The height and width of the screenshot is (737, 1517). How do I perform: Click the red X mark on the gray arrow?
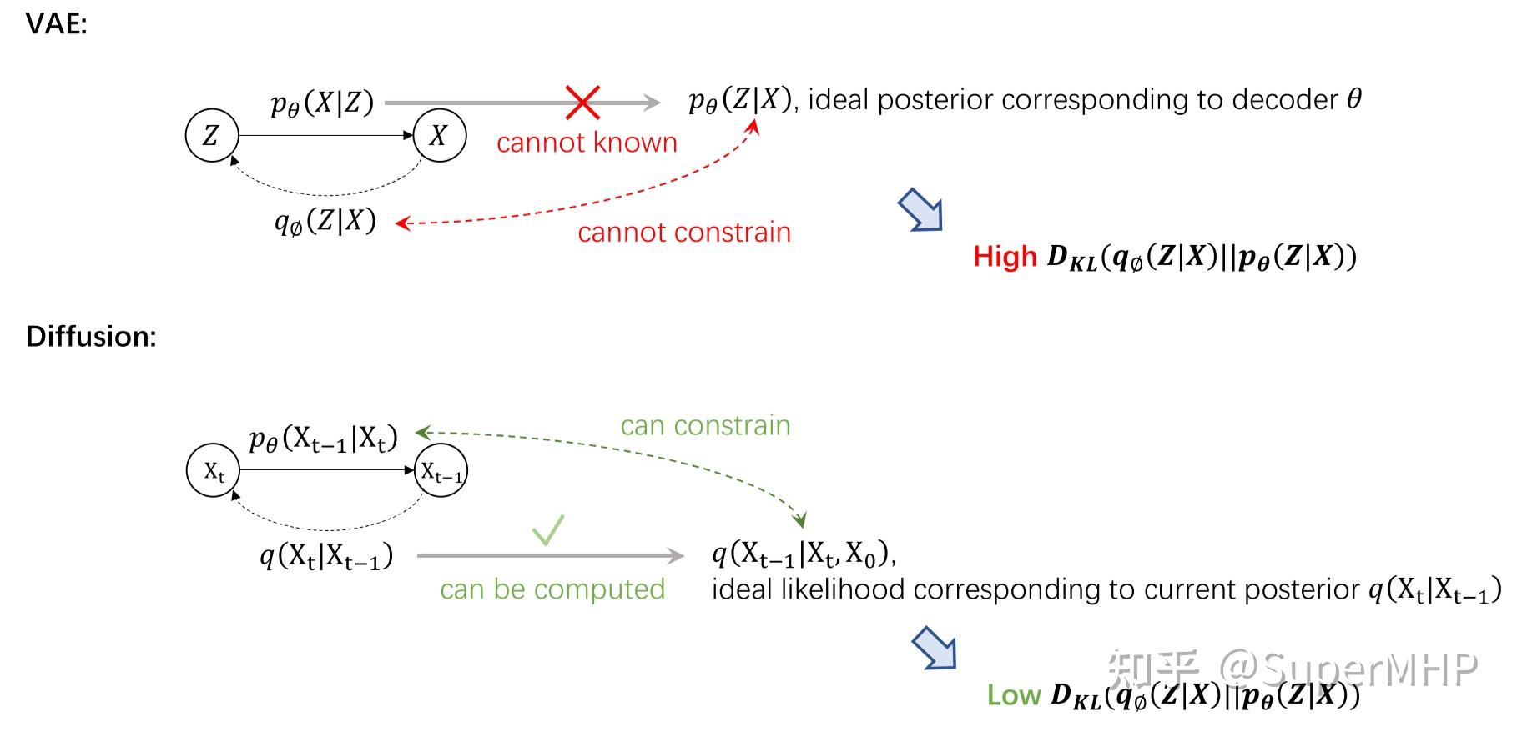point(582,103)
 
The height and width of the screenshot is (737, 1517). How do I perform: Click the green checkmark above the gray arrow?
point(548,530)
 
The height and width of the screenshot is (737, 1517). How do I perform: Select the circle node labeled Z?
point(212,135)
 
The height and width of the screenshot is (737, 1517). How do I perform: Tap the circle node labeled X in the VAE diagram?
point(439,135)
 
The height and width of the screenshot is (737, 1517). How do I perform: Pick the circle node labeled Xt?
point(213,471)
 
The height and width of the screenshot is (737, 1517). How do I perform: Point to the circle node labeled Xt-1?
point(441,472)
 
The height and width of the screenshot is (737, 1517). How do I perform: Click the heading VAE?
point(56,24)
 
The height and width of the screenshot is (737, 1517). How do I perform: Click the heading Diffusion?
point(91,337)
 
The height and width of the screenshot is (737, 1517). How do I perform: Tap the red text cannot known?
point(587,143)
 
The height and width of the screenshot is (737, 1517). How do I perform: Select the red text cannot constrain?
point(683,233)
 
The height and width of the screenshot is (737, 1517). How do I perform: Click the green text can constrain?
point(705,426)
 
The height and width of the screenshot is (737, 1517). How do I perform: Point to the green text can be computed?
point(552,589)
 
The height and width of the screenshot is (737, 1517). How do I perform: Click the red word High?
point(1005,257)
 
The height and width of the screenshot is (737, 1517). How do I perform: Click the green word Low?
point(1014,695)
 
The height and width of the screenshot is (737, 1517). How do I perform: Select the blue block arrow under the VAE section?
point(921,210)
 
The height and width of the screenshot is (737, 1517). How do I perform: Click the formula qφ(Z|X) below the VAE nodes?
point(325,222)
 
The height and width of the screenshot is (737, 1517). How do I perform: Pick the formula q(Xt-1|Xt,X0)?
point(803,554)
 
